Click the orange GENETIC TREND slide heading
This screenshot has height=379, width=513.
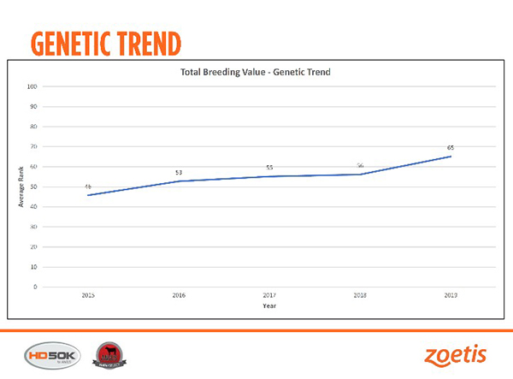coord(105,42)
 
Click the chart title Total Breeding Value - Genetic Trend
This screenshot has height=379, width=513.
coord(255,72)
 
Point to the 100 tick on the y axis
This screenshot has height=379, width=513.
coord(32,86)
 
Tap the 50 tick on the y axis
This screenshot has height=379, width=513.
coord(32,187)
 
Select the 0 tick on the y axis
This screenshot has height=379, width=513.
coord(34,287)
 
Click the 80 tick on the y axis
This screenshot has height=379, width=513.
coord(32,127)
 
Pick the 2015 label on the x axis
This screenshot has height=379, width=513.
coord(88,295)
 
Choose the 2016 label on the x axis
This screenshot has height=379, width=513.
coord(179,295)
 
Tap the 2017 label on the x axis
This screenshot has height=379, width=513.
coord(269,295)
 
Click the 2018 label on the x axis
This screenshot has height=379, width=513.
coord(360,295)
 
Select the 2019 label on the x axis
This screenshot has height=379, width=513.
coord(451,295)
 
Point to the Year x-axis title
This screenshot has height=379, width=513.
coord(269,305)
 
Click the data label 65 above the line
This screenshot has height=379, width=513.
coord(451,148)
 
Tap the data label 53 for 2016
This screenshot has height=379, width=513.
coord(179,173)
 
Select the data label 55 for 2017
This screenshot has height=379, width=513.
coord(269,168)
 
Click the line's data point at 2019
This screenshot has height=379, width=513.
coord(451,157)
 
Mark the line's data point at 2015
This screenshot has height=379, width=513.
coord(88,195)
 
